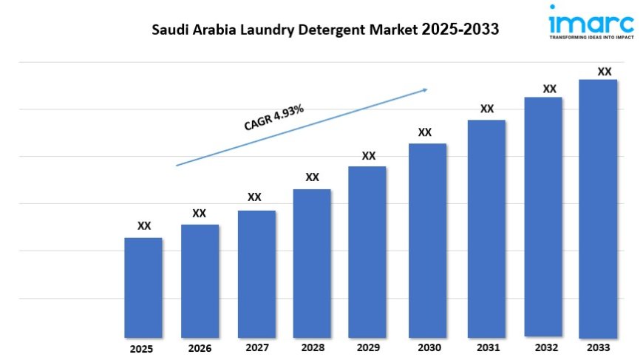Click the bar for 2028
click(x=312, y=263)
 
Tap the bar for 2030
click(x=427, y=240)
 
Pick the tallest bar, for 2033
click(x=597, y=208)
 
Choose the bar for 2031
click(x=486, y=228)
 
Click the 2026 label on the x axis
click(x=200, y=348)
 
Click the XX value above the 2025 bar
click(x=144, y=226)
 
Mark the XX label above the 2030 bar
click(x=425, y=132)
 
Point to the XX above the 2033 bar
click(x=605, y=72)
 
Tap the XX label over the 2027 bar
click(x=254, y=197)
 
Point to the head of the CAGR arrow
click(x=426, y=90)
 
